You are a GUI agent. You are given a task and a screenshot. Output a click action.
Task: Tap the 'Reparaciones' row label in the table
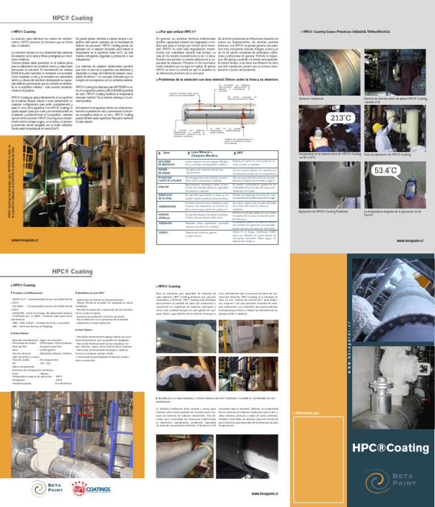(167, 207)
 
